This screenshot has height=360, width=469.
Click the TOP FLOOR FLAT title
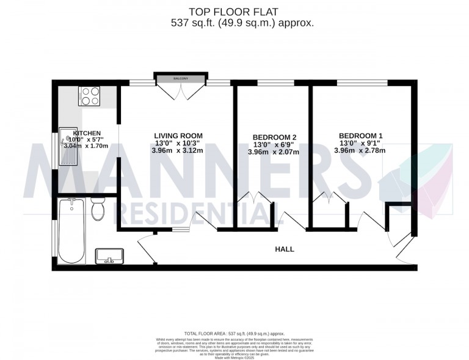coord(234,10)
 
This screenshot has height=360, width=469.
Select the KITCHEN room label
coord(87,133)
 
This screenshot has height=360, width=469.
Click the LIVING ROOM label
coord(178,136)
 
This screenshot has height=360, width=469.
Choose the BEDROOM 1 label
coord(360,136)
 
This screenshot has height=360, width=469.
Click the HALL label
coord(285,249)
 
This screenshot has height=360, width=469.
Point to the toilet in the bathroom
coord(96,211)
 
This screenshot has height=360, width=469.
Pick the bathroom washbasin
coord(109,255)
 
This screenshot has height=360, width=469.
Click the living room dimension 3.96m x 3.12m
coord(178,151)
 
